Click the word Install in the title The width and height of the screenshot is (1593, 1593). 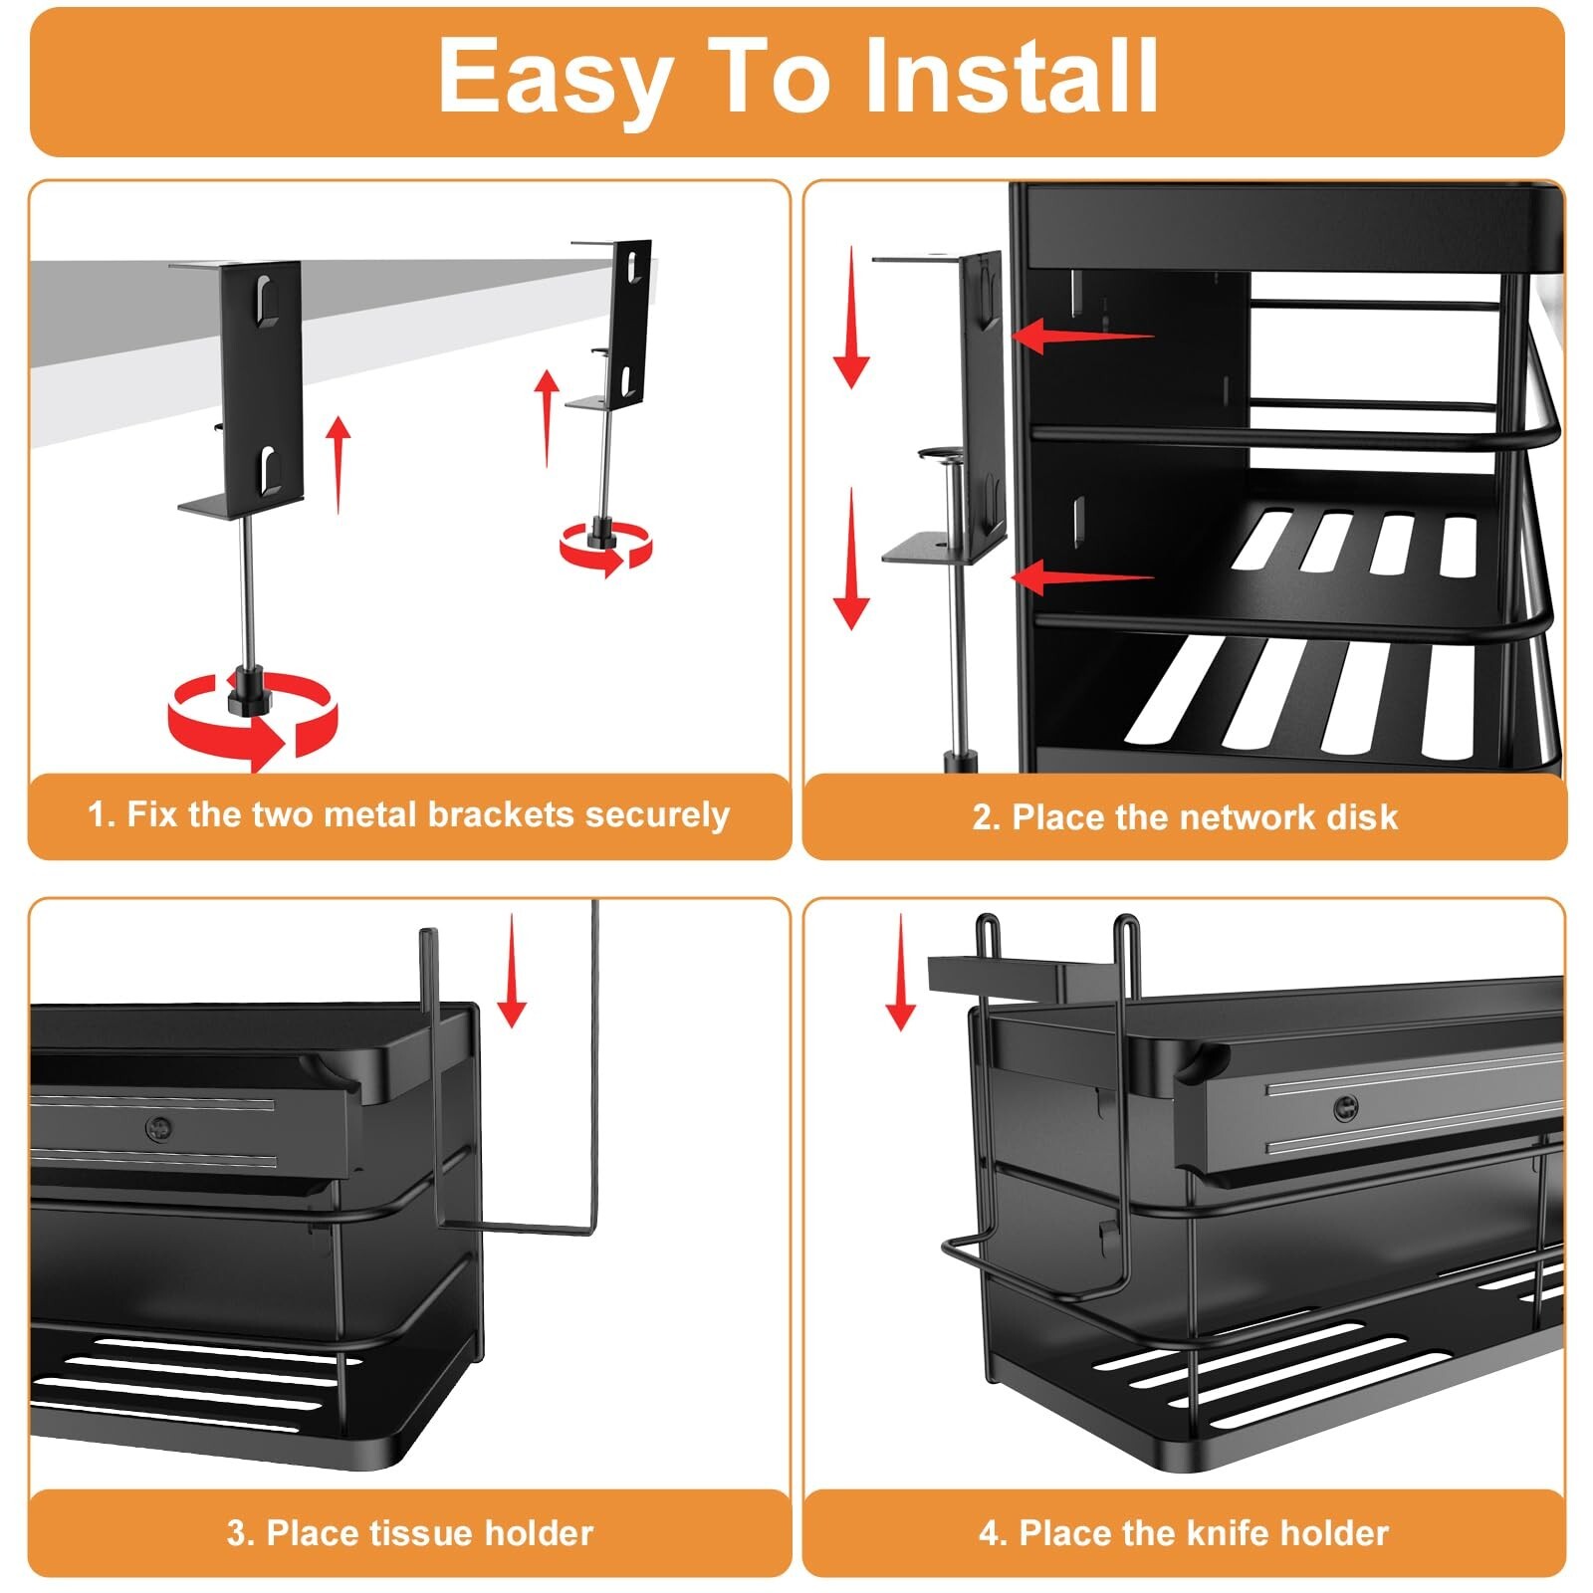(1012, 77)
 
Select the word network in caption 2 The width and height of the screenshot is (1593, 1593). (1218, 817)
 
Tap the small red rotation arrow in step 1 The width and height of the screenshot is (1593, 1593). (605, 548)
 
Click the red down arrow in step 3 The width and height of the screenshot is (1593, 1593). (512, 970)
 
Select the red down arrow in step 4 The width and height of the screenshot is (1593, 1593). (900, 972)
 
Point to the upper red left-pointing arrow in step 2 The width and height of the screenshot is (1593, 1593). (1083, 336)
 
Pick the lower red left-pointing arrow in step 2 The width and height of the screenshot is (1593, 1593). (1083, 576)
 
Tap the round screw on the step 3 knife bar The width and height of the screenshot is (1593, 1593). (158, 1128)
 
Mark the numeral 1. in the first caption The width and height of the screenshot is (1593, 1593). (102, 814)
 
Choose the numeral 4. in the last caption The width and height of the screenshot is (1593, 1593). (993, 1532)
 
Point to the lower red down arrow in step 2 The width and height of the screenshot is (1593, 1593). (851, 559)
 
